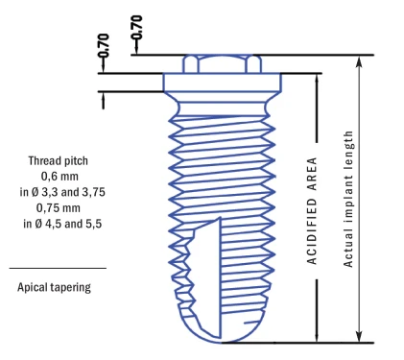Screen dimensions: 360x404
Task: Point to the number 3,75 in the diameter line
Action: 90,193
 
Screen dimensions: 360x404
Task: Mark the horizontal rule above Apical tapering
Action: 58,268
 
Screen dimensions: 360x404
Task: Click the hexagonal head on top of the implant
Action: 221,63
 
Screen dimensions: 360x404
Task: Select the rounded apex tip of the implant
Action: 221,332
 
